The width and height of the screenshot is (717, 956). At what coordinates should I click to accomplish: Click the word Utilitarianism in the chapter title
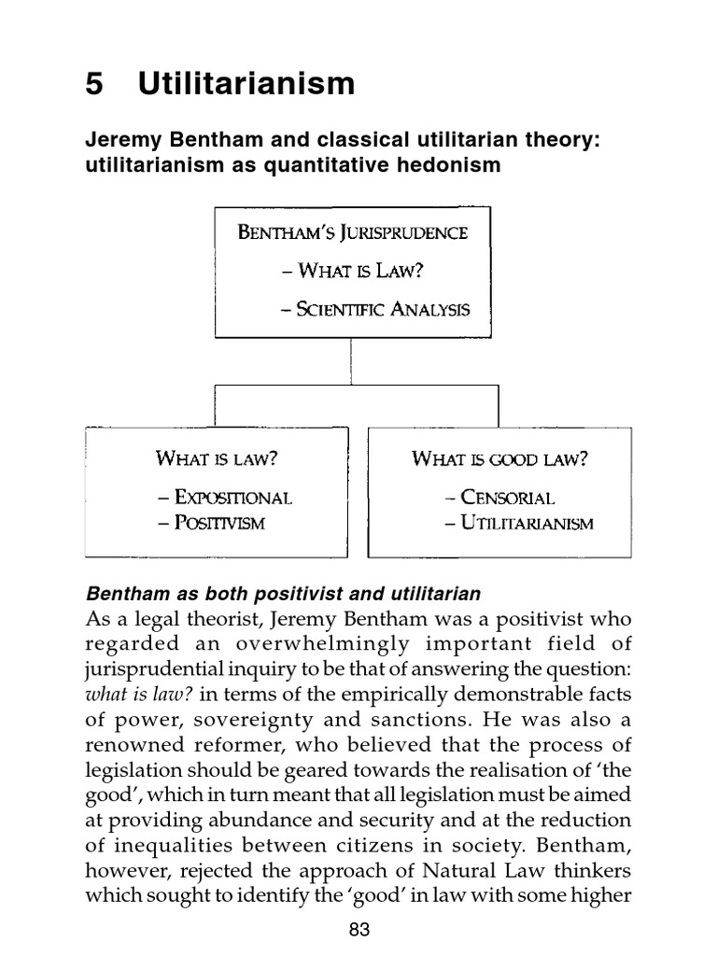pyautogui.click(x=246, y=84)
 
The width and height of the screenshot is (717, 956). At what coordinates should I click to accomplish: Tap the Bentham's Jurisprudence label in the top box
pyautogui.click(x=352, y=232)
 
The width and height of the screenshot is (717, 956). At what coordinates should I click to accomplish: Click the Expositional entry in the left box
pyautogui.click(x=224, y=497)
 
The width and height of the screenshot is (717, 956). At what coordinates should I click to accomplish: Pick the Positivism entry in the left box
pyautogui.click(x=211, y=523)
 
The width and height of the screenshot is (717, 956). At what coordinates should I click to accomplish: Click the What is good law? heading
pyautogui.click(x=499, y=458)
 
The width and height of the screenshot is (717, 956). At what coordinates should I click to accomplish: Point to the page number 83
pyautogui.click(x=358, y=929)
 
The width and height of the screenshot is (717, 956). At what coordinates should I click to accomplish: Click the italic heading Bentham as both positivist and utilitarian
pyautogui.click(x=283, y=594)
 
